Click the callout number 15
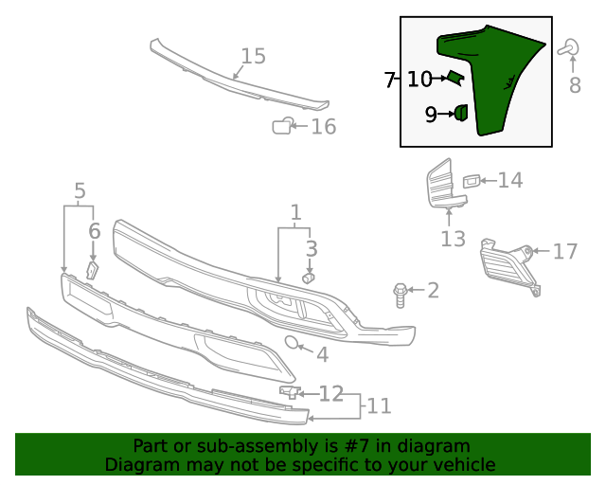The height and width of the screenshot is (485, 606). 253,57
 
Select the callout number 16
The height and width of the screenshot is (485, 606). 324,127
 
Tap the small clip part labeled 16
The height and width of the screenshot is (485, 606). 282,125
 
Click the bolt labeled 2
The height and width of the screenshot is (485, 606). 400,295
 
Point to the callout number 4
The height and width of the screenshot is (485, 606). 322,355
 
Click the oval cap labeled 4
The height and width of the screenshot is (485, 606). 293,343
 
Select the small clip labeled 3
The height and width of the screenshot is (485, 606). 308,278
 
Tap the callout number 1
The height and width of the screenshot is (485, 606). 295,212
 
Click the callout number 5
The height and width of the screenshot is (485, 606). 80,190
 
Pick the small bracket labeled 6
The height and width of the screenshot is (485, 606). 93,270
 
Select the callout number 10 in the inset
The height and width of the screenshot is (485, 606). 419,81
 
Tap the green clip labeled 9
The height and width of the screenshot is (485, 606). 460,114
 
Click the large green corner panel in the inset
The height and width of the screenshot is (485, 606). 502,85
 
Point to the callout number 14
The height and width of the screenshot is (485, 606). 510,180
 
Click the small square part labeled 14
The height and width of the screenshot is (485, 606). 472,180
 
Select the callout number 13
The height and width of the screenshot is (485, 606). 453,239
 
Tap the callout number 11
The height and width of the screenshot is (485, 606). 379,406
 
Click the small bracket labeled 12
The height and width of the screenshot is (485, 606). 289,391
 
